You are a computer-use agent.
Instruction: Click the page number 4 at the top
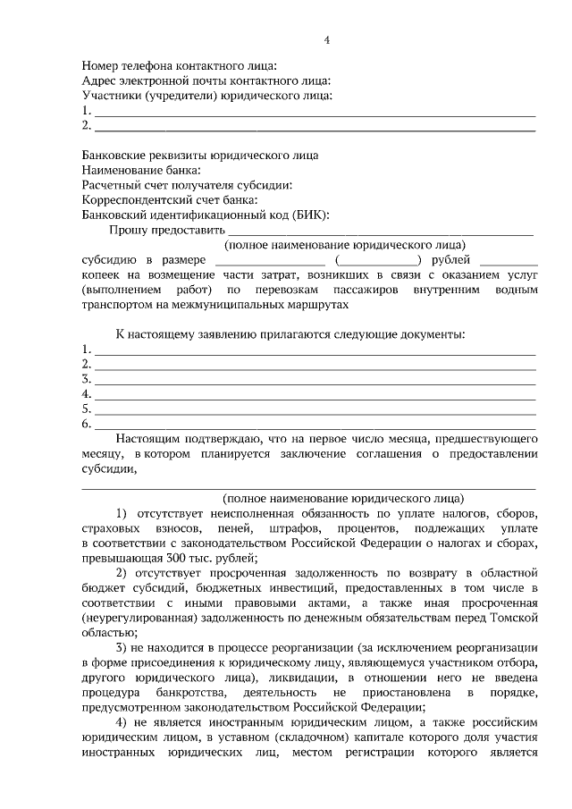(327, 40)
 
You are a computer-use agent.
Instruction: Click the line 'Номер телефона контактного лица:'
(180, 65)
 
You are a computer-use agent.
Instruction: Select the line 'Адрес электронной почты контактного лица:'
(206, 80)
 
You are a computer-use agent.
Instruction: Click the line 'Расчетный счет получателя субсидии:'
(187, 185)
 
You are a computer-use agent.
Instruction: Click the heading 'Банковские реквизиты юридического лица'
(199, 155)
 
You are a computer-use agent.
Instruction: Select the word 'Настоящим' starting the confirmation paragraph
(147, 440)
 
